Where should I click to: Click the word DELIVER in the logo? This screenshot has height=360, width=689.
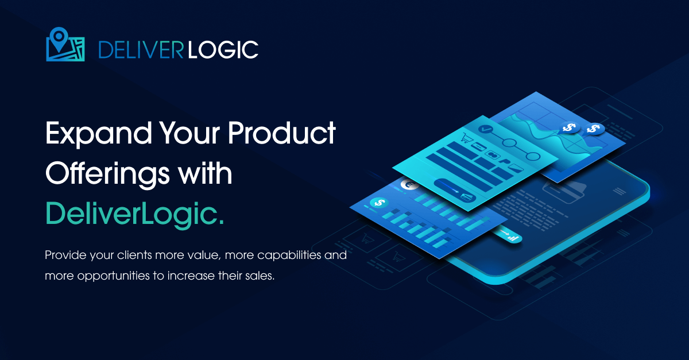(x=141, y=50)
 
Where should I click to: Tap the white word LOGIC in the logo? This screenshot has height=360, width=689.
(x=223, y=50)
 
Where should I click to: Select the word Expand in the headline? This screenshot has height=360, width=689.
(x=98, y=134)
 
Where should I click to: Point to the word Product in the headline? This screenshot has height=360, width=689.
(x=282, y=133)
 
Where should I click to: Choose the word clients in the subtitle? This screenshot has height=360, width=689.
(x=134, y=255)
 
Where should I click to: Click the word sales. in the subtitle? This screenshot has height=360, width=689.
(x=260, y=276)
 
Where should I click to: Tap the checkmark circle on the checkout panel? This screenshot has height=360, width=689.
(x=486, y=129)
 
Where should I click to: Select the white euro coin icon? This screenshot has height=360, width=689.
(x=409, y=185)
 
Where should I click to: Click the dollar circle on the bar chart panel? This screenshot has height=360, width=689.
(x=380, y=203)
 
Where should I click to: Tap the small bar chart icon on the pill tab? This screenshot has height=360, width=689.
(x=513, y=238)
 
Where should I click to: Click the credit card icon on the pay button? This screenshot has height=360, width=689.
(x=467, y=196)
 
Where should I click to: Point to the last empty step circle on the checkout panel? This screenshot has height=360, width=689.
(x=532, y=156)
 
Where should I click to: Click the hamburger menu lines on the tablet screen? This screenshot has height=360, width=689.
(x=620, y=192)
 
